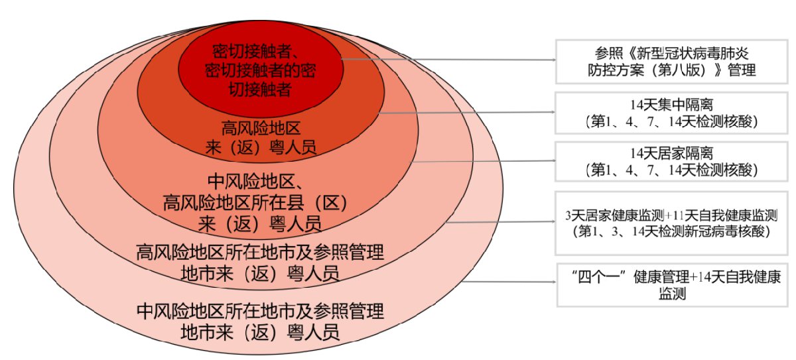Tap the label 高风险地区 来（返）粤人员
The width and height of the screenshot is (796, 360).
pyautogui.click(x=261, y=138)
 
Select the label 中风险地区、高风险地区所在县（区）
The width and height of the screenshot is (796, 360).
pyautogui.click(x=255, y=192)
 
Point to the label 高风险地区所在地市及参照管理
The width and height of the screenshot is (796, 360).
pyautogui.click(x=260, y=253)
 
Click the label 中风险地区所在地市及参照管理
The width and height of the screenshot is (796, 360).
pyautogui.click(x=260, y=312)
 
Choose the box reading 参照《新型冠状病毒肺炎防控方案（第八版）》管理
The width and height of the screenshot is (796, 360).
pyautogui.click(x=671, y=62)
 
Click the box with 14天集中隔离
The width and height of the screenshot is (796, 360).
pyautogui.click(x=671, y=113)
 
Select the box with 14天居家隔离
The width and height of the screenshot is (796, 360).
pyautogui.click(x=671, y=162)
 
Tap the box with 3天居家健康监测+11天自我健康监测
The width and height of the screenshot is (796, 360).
pyautogui.click(x=671, y=223)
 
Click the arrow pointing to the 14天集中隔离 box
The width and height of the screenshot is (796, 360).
pyautogui.click(x=467, y=113)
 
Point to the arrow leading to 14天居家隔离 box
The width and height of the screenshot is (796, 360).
pyautogui.click(x=483, y=161)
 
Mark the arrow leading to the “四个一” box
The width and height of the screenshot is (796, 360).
pyautogui.click(x=509, y=282)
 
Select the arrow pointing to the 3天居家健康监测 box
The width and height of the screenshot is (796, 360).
pyautogui.click(x=500, y=222)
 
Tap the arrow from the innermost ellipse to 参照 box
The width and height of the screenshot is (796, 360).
pyautogui.click(x=448, y=59)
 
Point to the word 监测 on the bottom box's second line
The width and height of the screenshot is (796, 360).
pyautogui.click(x=672, y=294)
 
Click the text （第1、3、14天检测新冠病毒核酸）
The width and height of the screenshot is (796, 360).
pyautogui.click(x=671, y=231)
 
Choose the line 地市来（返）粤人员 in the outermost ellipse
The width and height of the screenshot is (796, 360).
pyautogui.click(x=260, y=332)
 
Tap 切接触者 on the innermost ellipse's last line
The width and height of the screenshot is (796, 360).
pyautogui.click(x=260, y=89)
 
